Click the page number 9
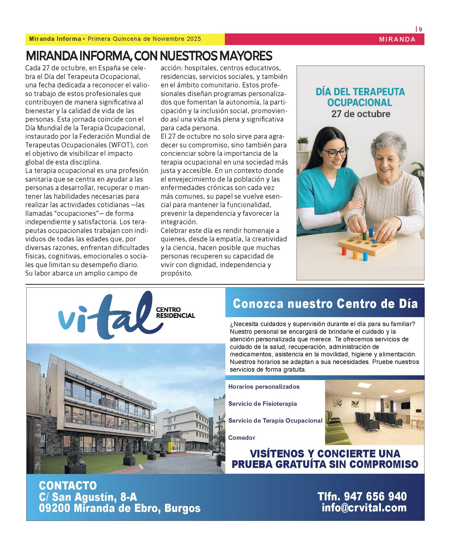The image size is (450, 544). pos(420,29)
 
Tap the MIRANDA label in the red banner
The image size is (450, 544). pos(397,39)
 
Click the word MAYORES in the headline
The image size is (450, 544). pos(246,56)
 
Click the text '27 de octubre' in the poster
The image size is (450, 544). pos(361,114)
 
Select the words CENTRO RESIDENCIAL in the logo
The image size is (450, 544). pos(175,312)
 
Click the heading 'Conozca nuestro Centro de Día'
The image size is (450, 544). pos(325,304)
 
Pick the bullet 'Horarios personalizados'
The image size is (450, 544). pos(264,387)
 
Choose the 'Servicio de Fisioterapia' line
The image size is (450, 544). pos(262,404)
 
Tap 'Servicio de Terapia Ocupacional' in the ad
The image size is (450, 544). pos(275,421)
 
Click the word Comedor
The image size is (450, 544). pos(241,438)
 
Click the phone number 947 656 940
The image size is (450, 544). pos(375,496)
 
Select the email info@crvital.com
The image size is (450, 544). pos(364,508)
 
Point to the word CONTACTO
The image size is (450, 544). pos(68,485)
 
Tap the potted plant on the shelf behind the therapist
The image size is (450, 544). pos(303,143)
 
